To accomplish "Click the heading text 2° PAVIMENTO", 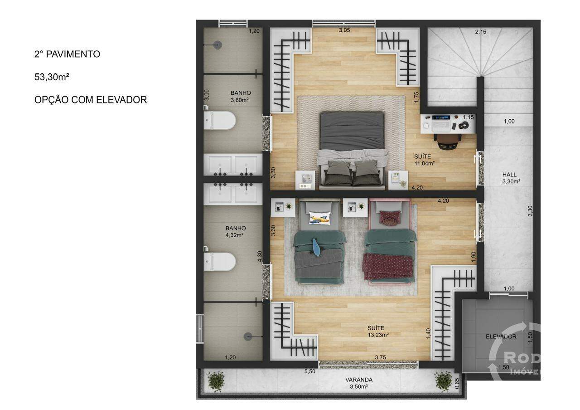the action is pos(68,54).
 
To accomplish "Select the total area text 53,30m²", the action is pos(52,77).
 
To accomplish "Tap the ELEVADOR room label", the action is pos(501,337).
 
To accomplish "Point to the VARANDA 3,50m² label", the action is pos(359,383).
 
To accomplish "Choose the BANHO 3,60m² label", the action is pos(241,96).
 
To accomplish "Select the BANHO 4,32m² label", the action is pos(235,232).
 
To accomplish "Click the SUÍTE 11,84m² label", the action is pos(425,160).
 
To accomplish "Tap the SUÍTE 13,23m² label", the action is pos(378,331).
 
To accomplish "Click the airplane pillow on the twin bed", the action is pos(320,218).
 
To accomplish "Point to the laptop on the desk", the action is pos(441,123).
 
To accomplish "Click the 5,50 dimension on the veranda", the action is pos(309,371).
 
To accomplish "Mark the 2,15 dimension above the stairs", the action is pos(481,32).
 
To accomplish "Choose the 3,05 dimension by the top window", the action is pos(344,30).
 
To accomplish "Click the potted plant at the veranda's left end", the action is pos(216,381).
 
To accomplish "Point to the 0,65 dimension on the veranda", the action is pos(457,383).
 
